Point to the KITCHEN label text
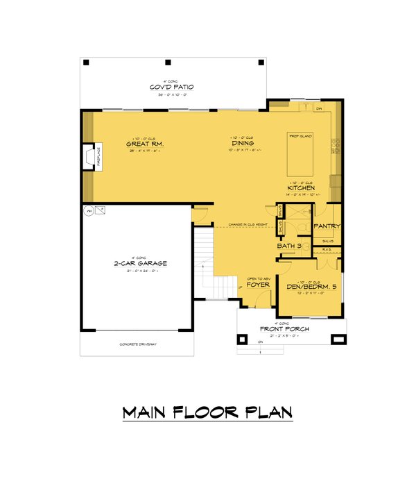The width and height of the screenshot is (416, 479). (x=302, y=187)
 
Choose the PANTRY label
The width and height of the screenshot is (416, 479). (x=325, y=226)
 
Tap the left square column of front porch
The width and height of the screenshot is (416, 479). (x=243, y=339)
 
